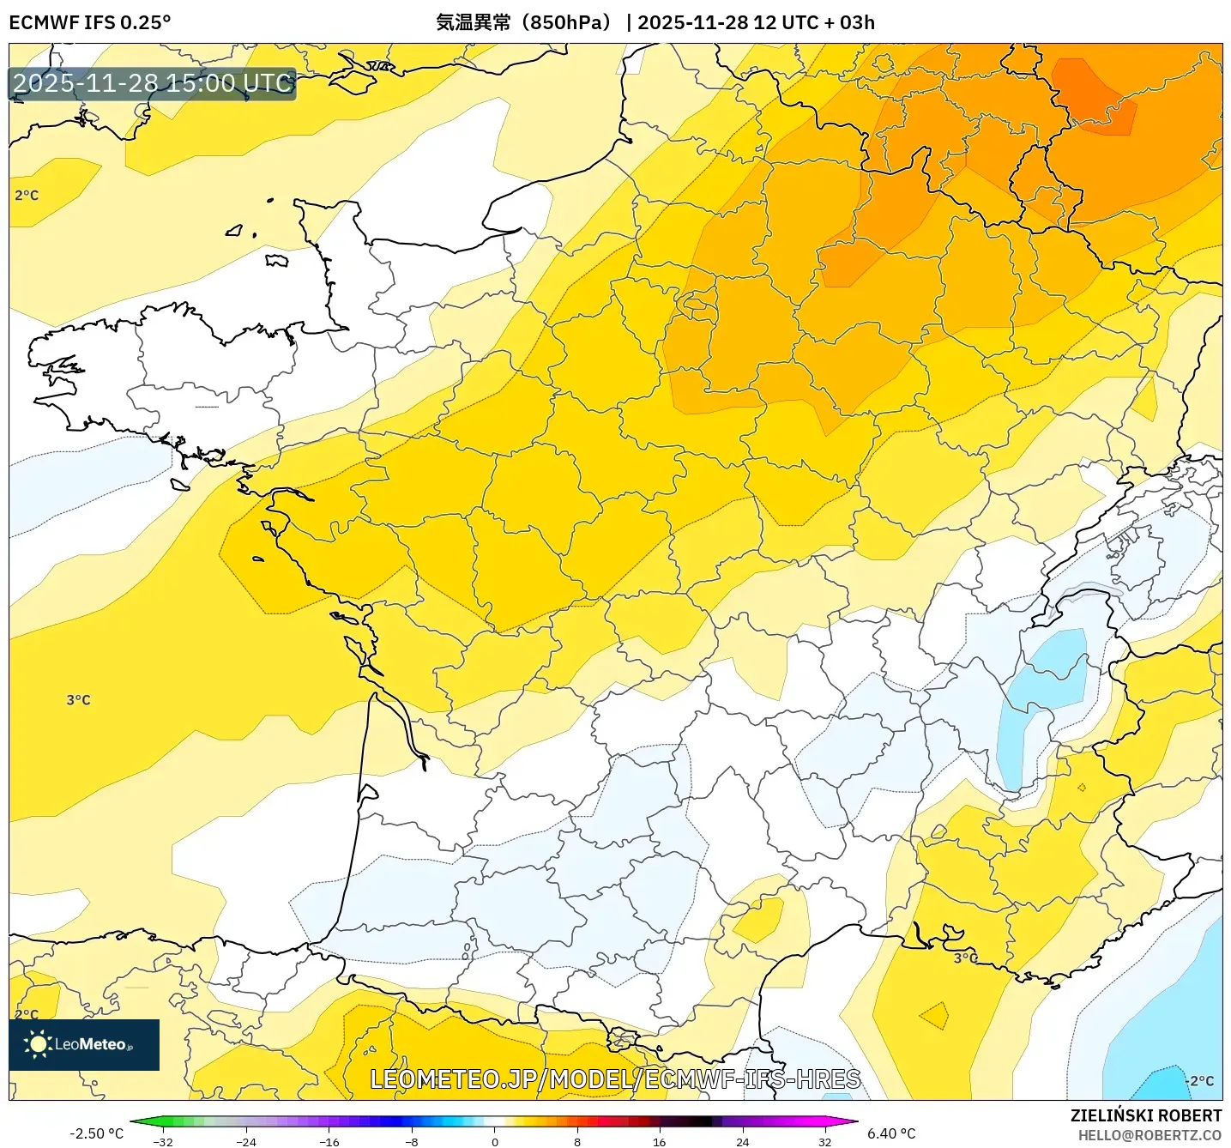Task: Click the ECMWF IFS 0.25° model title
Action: (90, 22)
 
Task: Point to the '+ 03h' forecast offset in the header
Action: (849, 22)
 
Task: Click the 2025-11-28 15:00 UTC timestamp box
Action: (153, 84)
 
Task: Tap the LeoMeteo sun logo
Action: (38, 1044)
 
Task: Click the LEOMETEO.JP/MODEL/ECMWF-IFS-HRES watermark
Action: (615, 1079)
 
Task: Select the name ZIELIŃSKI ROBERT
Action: (1145, 1115)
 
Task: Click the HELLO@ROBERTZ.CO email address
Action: (1150, 1135)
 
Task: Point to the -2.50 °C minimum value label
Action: (96, 1133)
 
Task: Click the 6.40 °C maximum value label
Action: (891, 1133)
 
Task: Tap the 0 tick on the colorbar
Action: (494, 1141)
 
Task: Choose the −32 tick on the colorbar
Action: (163, 1141)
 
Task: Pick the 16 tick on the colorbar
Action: (659, 1141)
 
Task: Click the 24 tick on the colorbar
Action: (742, 1141)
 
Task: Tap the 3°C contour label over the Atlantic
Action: (78, 700)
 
